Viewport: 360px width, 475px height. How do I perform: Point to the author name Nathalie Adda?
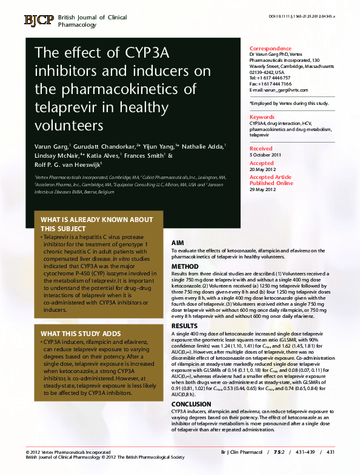coord(202,147)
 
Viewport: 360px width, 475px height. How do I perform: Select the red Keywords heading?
coord(262,117)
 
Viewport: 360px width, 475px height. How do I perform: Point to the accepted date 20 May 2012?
coord(264,169)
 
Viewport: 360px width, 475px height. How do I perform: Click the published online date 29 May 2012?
coord(264,189)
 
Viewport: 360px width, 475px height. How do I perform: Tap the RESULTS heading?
coord(184,326)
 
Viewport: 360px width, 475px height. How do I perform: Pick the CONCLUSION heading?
coord(191,404)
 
